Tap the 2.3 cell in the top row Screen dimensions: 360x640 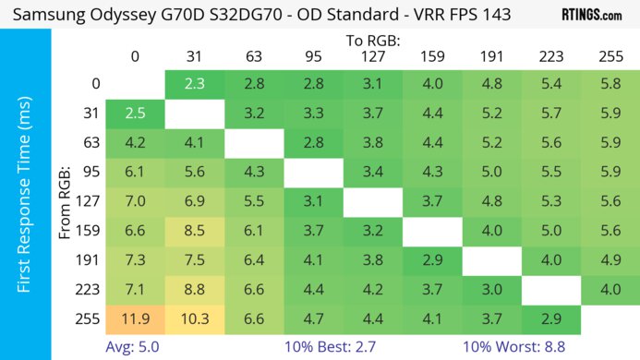tap(194, 84)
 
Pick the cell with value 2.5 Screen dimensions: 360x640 tap(135, 114)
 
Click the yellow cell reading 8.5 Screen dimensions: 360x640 tap(194, 231)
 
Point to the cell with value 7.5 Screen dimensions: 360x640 tap(194, 260)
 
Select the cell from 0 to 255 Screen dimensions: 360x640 tap(610, 84)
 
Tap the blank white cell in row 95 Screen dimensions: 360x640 tap(314, 173)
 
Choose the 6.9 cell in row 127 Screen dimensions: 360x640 tap(194, 201)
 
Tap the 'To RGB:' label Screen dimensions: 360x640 tap(373, 41)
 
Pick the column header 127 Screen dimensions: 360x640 tap(373, 56)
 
